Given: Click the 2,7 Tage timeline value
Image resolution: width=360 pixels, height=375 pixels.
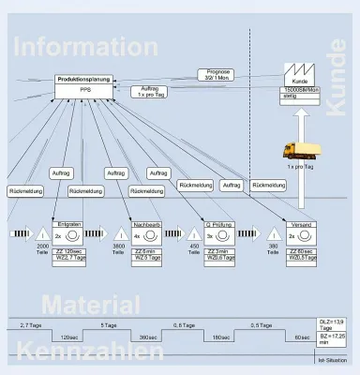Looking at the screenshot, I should point(31,324).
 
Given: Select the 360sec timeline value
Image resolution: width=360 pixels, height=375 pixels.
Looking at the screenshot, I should point(148,337).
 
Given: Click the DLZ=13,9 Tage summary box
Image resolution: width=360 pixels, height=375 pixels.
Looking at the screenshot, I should point(333,323).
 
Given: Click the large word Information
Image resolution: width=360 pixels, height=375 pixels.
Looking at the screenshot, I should point(85,47).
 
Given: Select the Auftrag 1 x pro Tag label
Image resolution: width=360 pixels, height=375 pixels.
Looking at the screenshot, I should point(149,92).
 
